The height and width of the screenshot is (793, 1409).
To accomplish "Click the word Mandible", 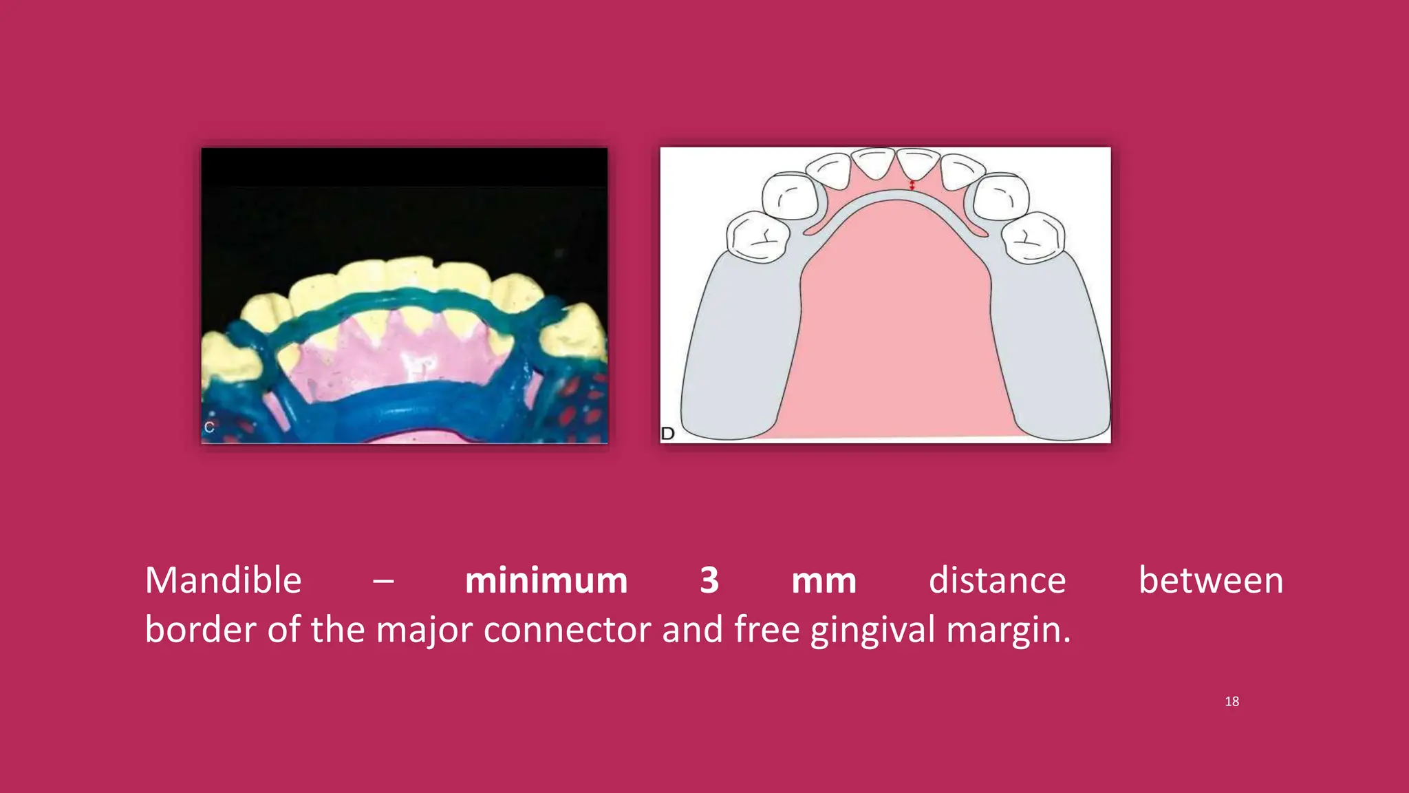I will pyautogui.click(x=223, y=580).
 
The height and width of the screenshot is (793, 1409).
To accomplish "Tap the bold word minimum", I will pyautogui.click(x=546, y=580).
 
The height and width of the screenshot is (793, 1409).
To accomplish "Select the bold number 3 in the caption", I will pyautogui.click(x=709, y=580).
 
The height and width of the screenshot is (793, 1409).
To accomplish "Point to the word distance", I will pyautogui.click(x=997, y=580).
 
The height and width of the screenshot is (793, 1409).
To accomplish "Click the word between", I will pyautogui.click(x=1210, y=580).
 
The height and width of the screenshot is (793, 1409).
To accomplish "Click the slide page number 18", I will pyautogui.click(x=1231, y=701).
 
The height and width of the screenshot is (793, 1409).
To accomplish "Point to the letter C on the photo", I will pyautogui.click(x=209, y=427).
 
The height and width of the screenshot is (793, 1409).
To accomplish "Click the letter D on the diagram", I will pyautogui.click(x=667, y=433).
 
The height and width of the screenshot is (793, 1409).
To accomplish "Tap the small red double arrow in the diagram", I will pyautogui.click(x=912, y=185).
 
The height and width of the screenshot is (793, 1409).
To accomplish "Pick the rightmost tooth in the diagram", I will pyautogui.click(x=1032, y=237).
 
